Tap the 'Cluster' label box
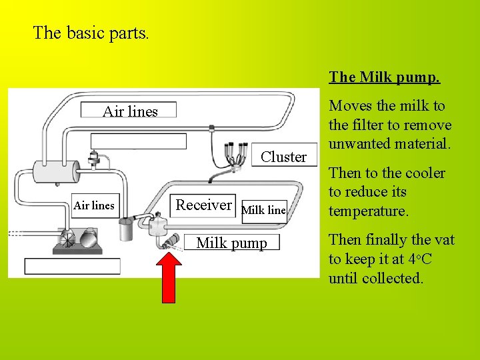[x=284, y=157]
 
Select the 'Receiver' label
[x=203, y=205]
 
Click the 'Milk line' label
[x=263, y=210]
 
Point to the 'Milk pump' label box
[x=231, y=243]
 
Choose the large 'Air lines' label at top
[x=130, y=111]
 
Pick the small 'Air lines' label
[x=94, y=205]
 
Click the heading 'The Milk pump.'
[x=385, y=77]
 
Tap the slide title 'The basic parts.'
[x=91, y=33]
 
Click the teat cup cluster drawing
[x=233, y=155]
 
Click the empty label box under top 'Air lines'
[x=139, y=141]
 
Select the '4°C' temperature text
[x=421, y=259]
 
